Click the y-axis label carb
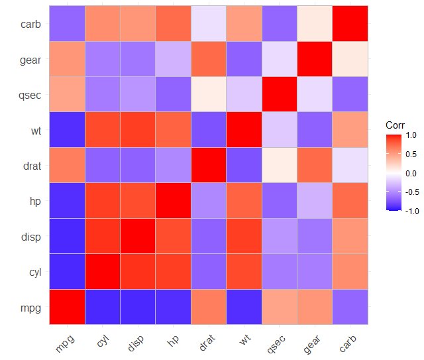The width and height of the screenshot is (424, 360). [31, 25]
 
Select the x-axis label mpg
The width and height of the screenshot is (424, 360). [66, 342]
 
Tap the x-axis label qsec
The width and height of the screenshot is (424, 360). [278, 343]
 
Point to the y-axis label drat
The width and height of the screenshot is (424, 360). [31, 166]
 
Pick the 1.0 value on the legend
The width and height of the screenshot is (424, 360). [411, 135]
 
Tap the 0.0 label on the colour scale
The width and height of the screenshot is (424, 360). [411, 173]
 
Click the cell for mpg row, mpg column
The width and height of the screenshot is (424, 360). [67, 307]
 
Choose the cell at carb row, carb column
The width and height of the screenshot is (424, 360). [350, 25]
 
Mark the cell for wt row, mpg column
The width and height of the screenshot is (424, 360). [67, 131]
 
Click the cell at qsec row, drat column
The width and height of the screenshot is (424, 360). [209, 95]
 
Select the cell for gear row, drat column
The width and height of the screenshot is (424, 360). [209, 60]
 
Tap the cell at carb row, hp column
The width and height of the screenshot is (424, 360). [174, 25]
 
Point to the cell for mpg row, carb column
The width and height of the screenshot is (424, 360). [350, 307]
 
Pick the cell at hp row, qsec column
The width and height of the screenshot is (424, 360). [280, 201]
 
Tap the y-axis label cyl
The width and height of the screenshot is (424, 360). [34, 272]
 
